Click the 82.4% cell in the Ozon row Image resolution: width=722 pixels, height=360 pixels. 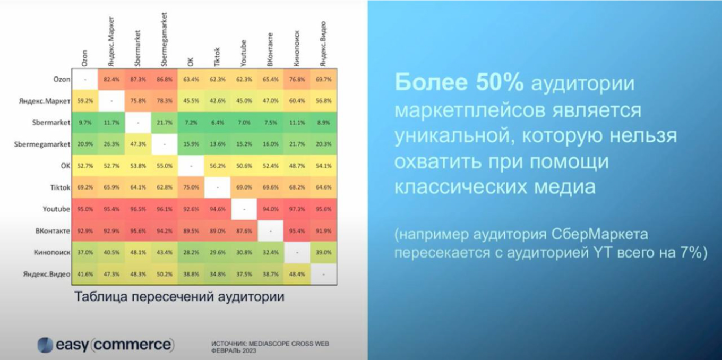pyautogui.click(x=111, y=79)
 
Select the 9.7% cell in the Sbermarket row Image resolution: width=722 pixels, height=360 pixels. pyautogui.click(x=84, y=123)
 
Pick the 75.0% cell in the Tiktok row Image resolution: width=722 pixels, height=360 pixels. pyautogui.click(x=191, y=187)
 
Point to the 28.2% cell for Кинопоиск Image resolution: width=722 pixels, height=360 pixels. pyautogui.click(x=191, y=253)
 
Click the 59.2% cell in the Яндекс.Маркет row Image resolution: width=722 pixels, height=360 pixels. pyautogui.click(x=84, y=101)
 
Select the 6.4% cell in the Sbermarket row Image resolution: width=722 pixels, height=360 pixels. pyautogui.click(x=217, y=123)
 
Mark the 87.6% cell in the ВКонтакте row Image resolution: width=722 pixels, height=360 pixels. pyautogui.click(x=244, y=231)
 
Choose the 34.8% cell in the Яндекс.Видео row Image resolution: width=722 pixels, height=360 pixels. pyautogui.click(x=217, y=275)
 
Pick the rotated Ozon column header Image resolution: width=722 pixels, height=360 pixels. pyautogui.click(x=85, y=57)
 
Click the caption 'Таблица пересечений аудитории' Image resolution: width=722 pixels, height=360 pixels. pyautogui.click(x=179, y=296)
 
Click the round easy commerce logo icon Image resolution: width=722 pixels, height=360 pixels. pyautogui.click(x=45, y=345)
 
